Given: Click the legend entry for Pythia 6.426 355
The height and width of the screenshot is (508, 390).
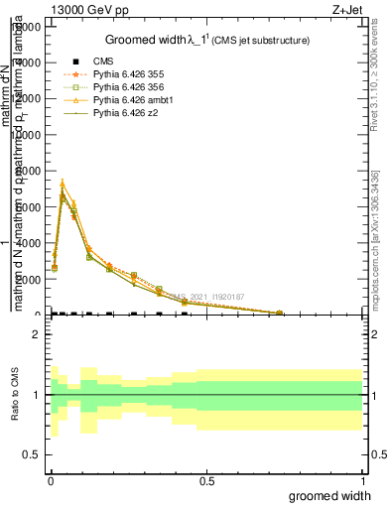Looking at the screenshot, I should point(126,74).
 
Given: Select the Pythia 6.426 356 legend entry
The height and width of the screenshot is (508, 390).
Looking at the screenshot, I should point(126,87).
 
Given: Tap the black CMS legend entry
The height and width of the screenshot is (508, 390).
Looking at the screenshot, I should point(104,62).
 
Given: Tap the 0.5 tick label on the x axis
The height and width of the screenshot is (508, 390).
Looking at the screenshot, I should point(207,481).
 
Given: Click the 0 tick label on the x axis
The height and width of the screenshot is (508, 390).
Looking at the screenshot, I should point(52,481).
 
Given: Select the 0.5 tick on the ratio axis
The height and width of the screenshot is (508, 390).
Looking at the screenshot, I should point(32,454).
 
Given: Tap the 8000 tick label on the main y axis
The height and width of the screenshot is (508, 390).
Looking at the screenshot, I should point(28,171).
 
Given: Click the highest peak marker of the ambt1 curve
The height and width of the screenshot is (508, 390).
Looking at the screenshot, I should point(63,183).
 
